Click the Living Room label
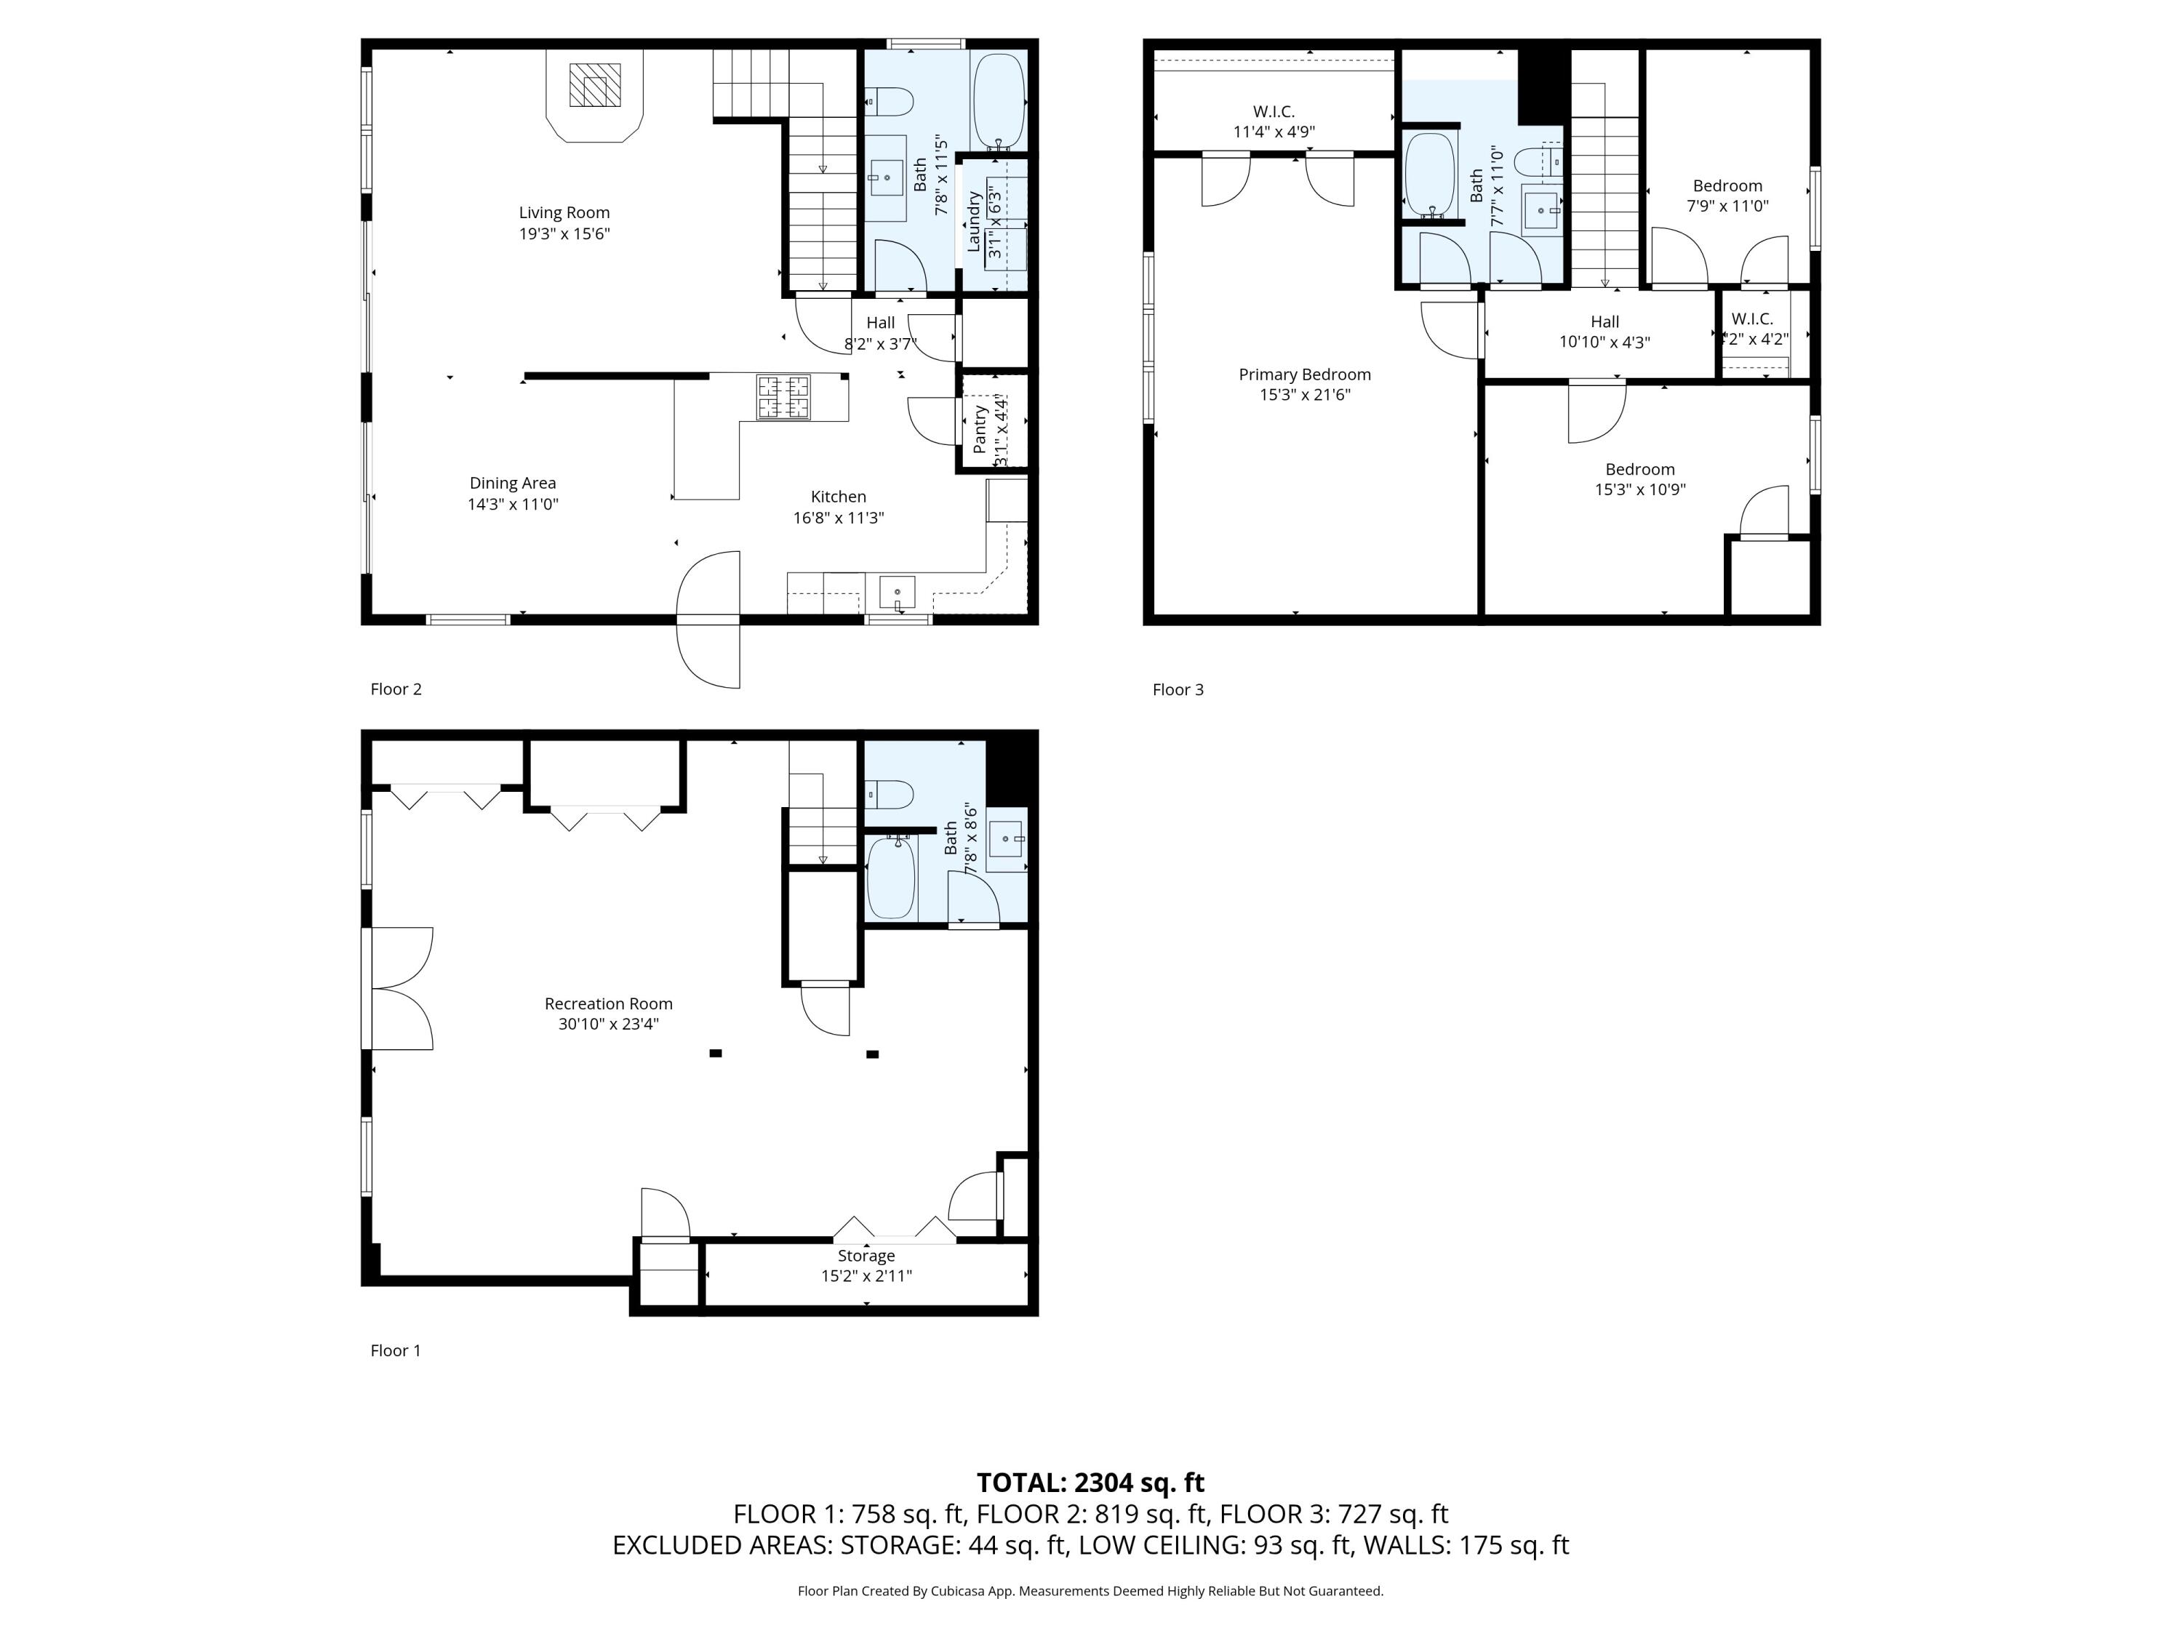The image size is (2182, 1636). [x=564, y=213]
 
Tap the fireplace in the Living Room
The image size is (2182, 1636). [x=595, y=86]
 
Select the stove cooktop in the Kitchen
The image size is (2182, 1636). [x=783, y=398]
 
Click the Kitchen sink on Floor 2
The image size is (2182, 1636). [x=897, y=593]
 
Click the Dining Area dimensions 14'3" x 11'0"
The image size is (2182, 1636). [x=513, y=504]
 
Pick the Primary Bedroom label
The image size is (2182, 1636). [x=1304, y=374]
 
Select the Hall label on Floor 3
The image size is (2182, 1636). [x=1604, y=321]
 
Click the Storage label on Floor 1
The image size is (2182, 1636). [x=866, y=1255]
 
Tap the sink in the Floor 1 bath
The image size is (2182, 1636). [x=1005, y=839]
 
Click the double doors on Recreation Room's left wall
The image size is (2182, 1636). [x=399, y=988]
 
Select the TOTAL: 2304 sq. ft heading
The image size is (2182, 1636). [x=1090, y=1482]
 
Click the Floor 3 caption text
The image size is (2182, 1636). [x=1178, y=689]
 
